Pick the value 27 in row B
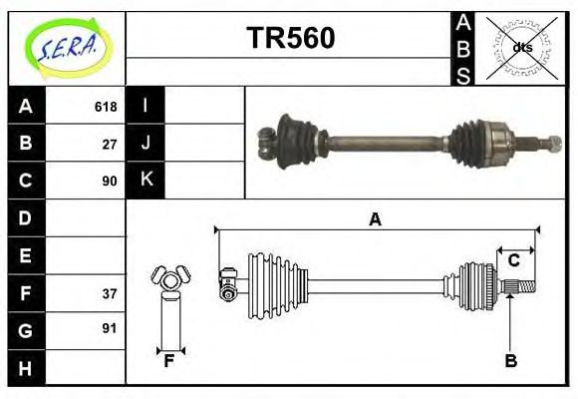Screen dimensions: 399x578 point(110,144)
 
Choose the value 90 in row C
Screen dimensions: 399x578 point(110,181)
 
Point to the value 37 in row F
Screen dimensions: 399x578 point(110,292)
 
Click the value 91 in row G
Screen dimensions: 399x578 point(110,328)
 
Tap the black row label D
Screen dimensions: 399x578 point(26,217)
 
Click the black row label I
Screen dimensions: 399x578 point(145,106)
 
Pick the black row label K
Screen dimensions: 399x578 point(145,181)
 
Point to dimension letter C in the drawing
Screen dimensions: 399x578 point(514,260)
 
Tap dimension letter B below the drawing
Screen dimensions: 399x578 point(510,362)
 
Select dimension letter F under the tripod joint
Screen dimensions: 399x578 point(169,362)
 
